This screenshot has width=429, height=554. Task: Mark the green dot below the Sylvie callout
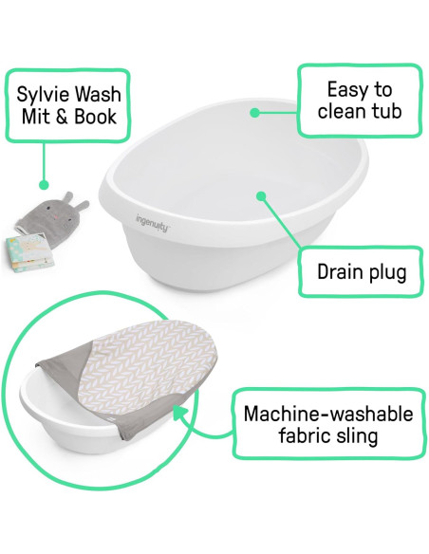[x=41, y=183]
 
